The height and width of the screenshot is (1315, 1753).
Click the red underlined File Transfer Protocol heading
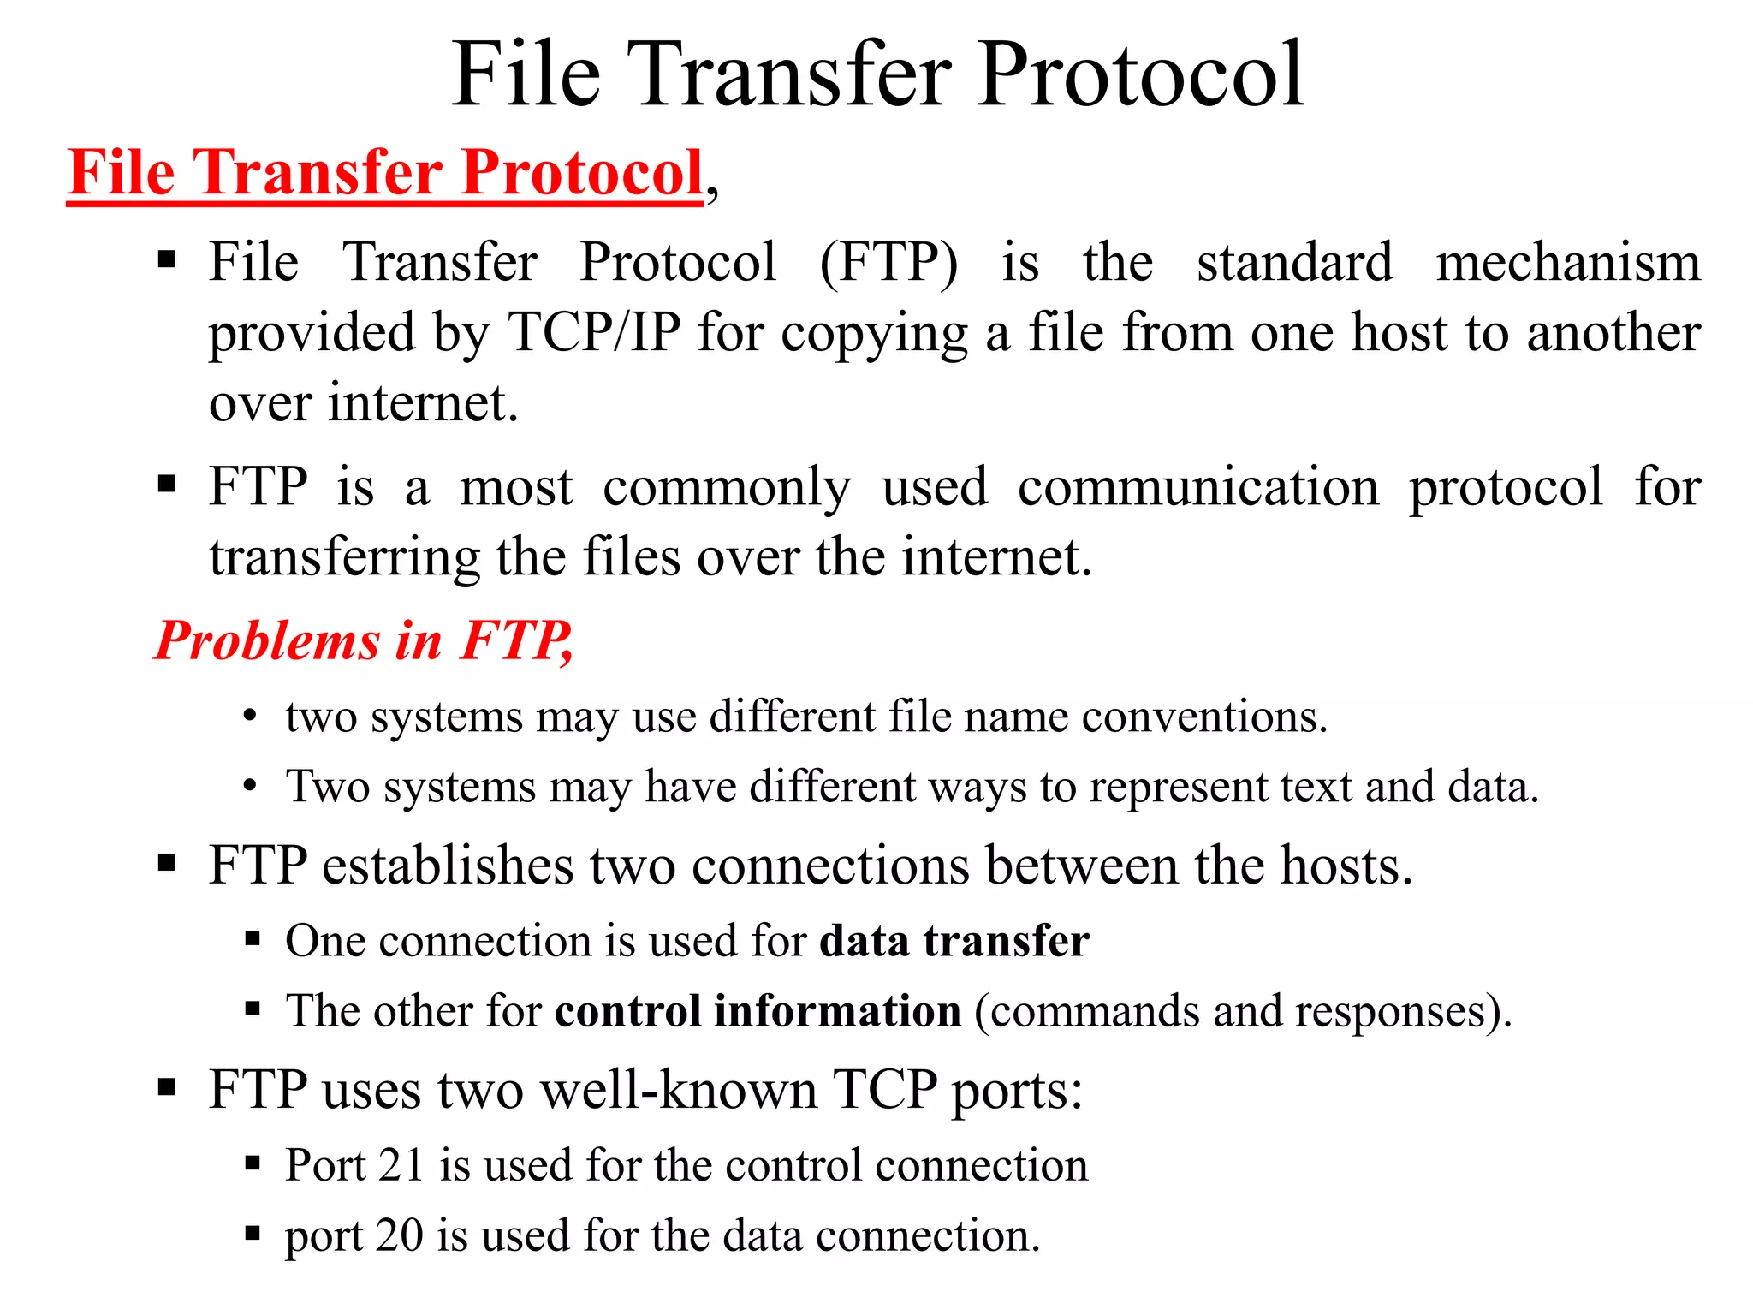click(x=385, y=173)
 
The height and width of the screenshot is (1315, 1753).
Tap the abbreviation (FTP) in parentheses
click(x=888, y=262)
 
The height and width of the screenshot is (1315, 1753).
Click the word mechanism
click(x=1568, y=262)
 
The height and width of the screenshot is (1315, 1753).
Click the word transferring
click(x=344, y=558)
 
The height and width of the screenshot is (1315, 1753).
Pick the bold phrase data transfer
click(x=954, y=941)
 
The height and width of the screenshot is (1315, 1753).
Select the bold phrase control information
click(x=758, y=1011)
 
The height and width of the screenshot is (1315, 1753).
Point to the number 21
click(x=401, y=1165)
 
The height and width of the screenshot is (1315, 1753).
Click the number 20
click(x=399, y=1235)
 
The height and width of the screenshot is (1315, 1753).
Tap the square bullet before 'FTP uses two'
click(x=167, y=1088)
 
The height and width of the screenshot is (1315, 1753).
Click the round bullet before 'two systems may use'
click(x=250, y=716)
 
